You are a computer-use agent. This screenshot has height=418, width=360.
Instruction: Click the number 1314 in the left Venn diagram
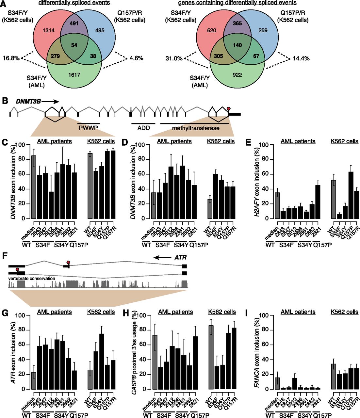click(49, 31)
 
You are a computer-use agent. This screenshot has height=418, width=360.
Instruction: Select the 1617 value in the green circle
click(74, 75)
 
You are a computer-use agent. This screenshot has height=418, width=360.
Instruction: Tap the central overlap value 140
click(237, 45)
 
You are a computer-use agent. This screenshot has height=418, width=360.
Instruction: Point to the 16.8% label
click(11, 58)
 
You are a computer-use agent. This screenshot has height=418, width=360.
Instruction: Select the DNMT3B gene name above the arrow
click(28, 102)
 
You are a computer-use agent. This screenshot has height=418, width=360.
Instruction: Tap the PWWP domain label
click(88, 128)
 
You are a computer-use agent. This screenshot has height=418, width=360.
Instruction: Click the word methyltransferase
click(196, 128)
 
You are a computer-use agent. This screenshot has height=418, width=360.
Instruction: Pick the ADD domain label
click(143, 128)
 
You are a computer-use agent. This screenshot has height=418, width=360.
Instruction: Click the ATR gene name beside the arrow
click(180, 258)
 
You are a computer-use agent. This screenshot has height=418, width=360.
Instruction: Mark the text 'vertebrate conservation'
click(32, 278)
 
